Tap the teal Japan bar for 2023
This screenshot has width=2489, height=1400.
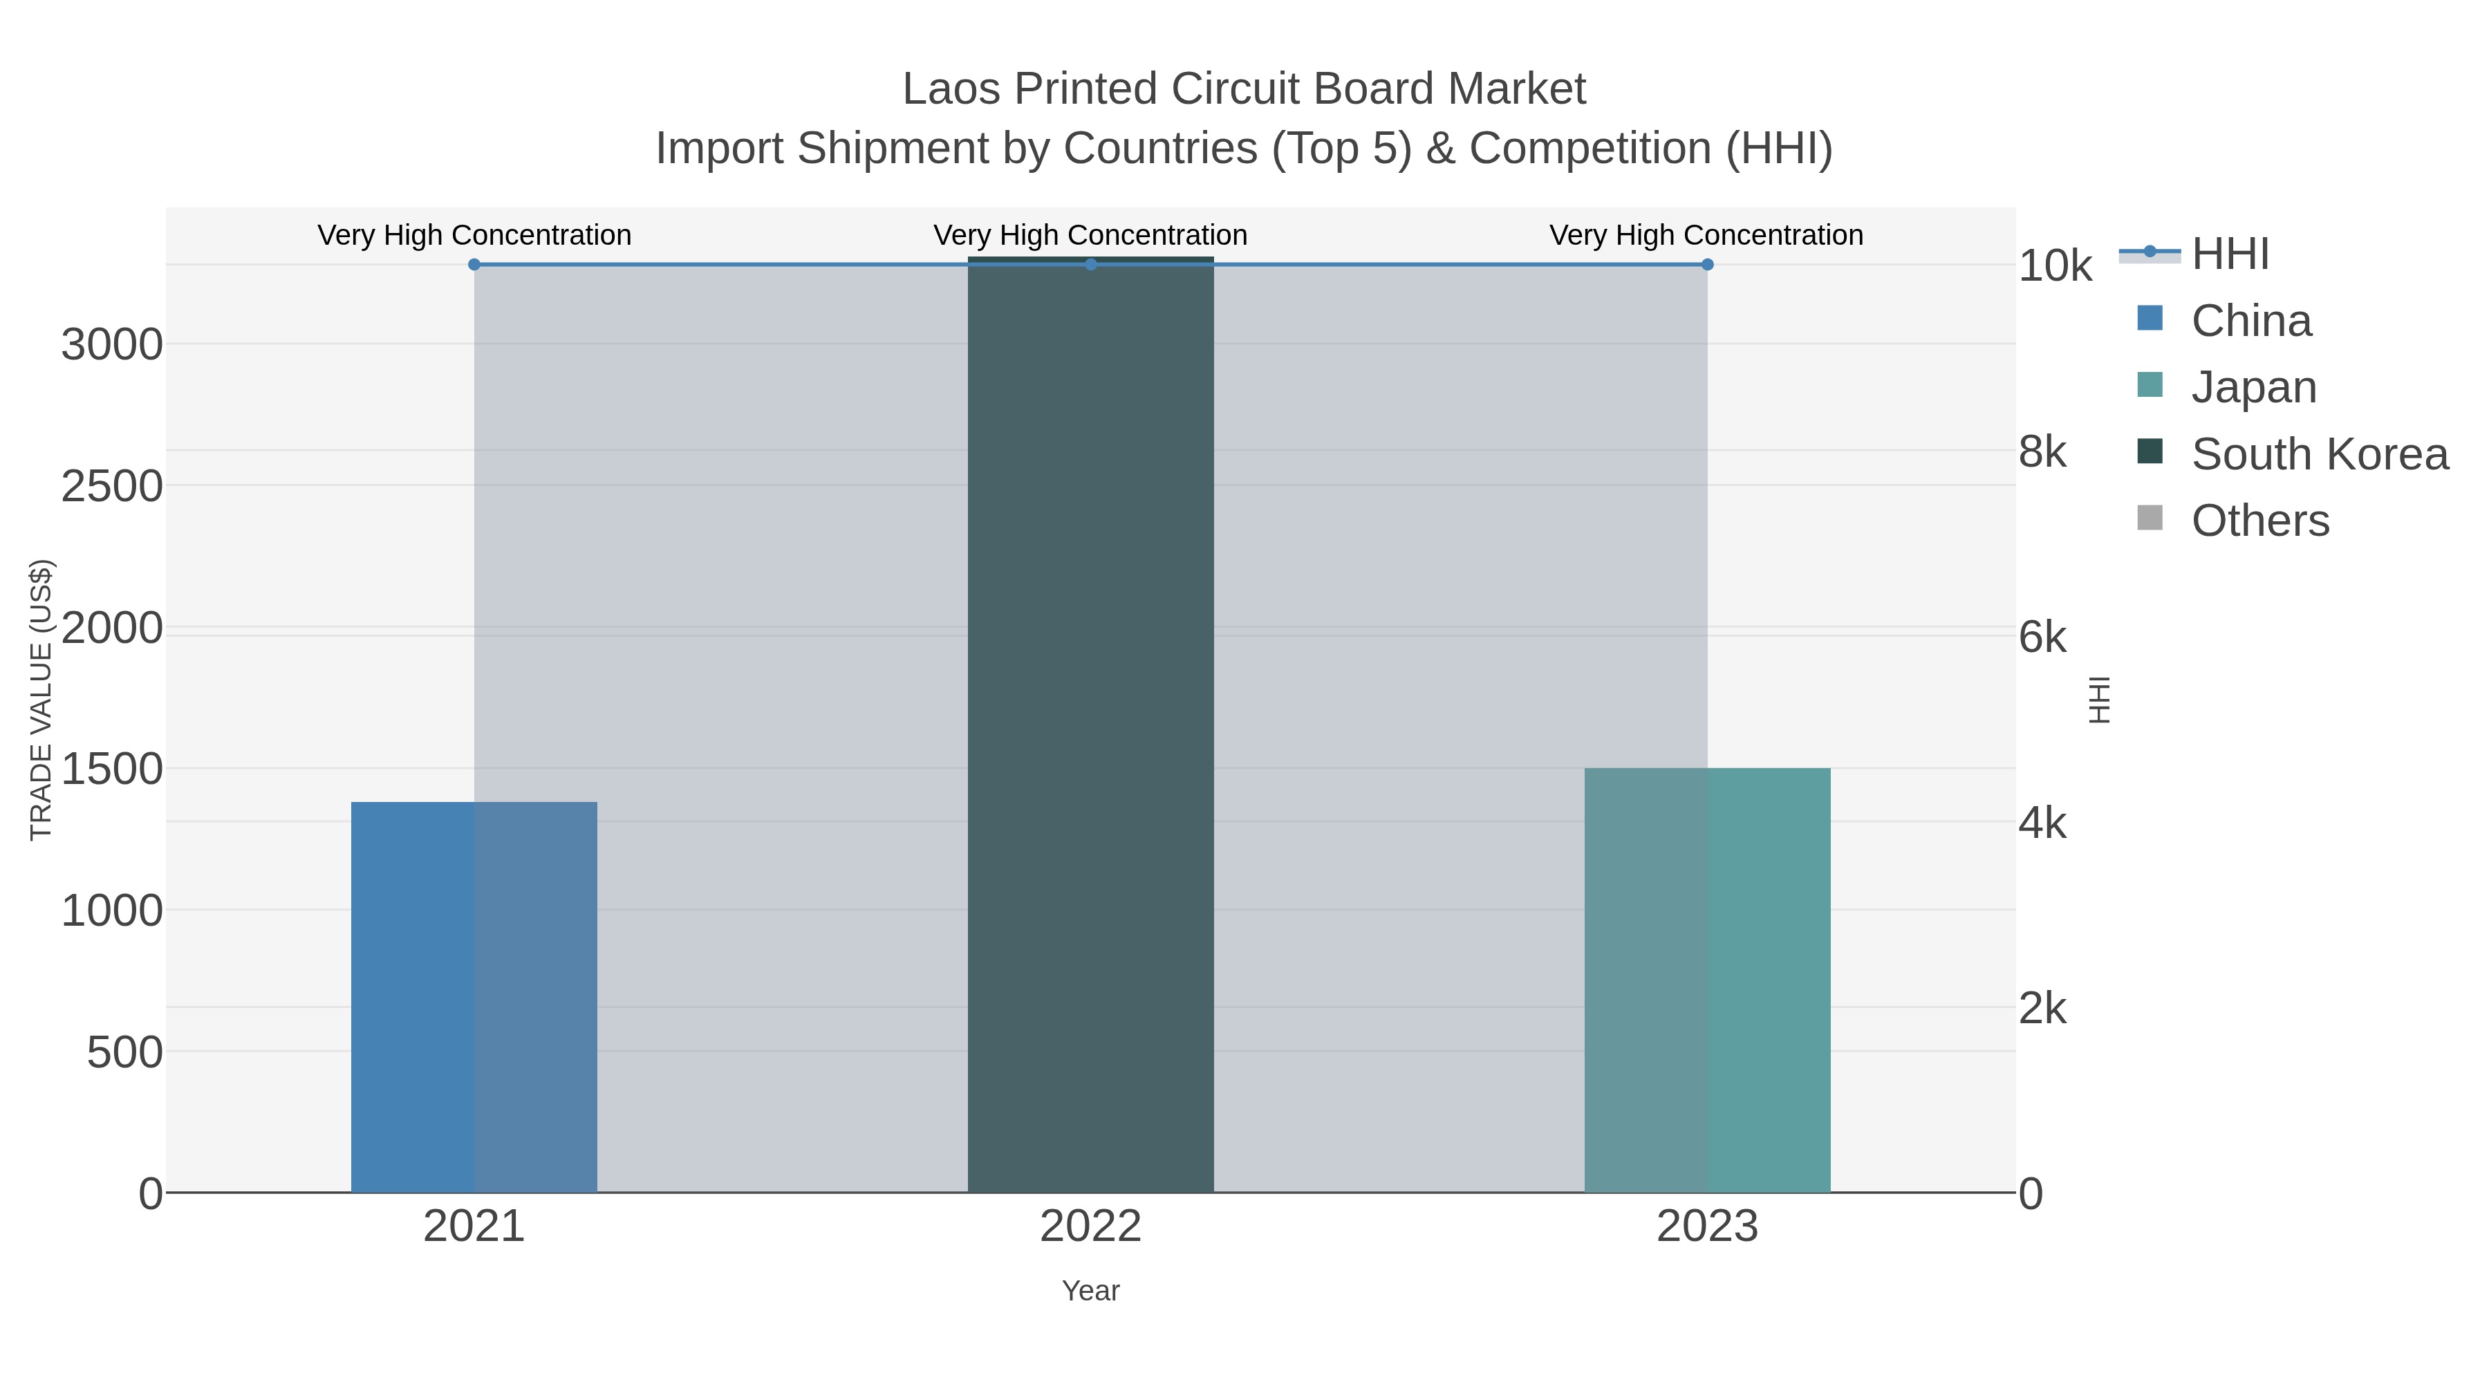(x=1707, y=980)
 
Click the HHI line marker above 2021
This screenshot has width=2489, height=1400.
(x=474, y=264)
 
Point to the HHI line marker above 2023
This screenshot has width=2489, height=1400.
(x=1707, y=264)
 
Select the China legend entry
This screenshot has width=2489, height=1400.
(x=2251, y=321)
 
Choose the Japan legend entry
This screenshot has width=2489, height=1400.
(x=2253, y=387)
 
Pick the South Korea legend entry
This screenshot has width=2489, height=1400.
(x=2319, y=454)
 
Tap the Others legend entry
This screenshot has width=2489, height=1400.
(x=2259, y=521)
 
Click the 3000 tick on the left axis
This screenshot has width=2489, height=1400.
(x=111, y=345)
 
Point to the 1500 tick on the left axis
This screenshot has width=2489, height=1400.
(x=111, y=770)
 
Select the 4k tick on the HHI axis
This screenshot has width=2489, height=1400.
(x=2042, y=823)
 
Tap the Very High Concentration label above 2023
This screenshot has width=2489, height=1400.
(x=1706, y=235)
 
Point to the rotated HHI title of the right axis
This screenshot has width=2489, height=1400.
(x=2098, y=700)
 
